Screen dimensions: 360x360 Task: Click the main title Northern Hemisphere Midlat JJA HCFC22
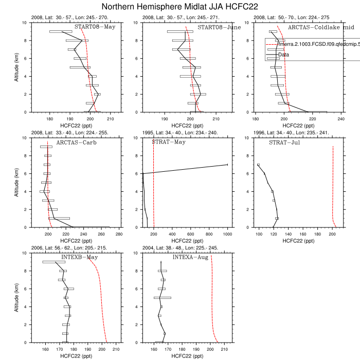180,7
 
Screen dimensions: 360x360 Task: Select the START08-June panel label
219,27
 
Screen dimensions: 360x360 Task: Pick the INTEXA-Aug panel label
190,257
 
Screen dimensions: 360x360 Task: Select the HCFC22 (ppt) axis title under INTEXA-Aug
189,355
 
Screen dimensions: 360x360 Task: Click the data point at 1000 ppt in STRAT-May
227,165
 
